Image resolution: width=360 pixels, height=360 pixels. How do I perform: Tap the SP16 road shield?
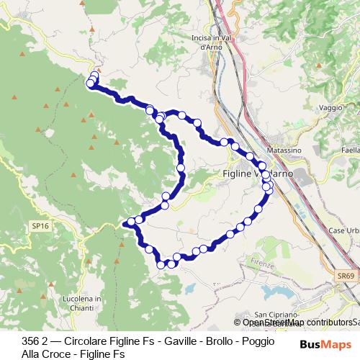pos(40,225)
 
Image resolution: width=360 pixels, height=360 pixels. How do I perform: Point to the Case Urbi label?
pos(343,230)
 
